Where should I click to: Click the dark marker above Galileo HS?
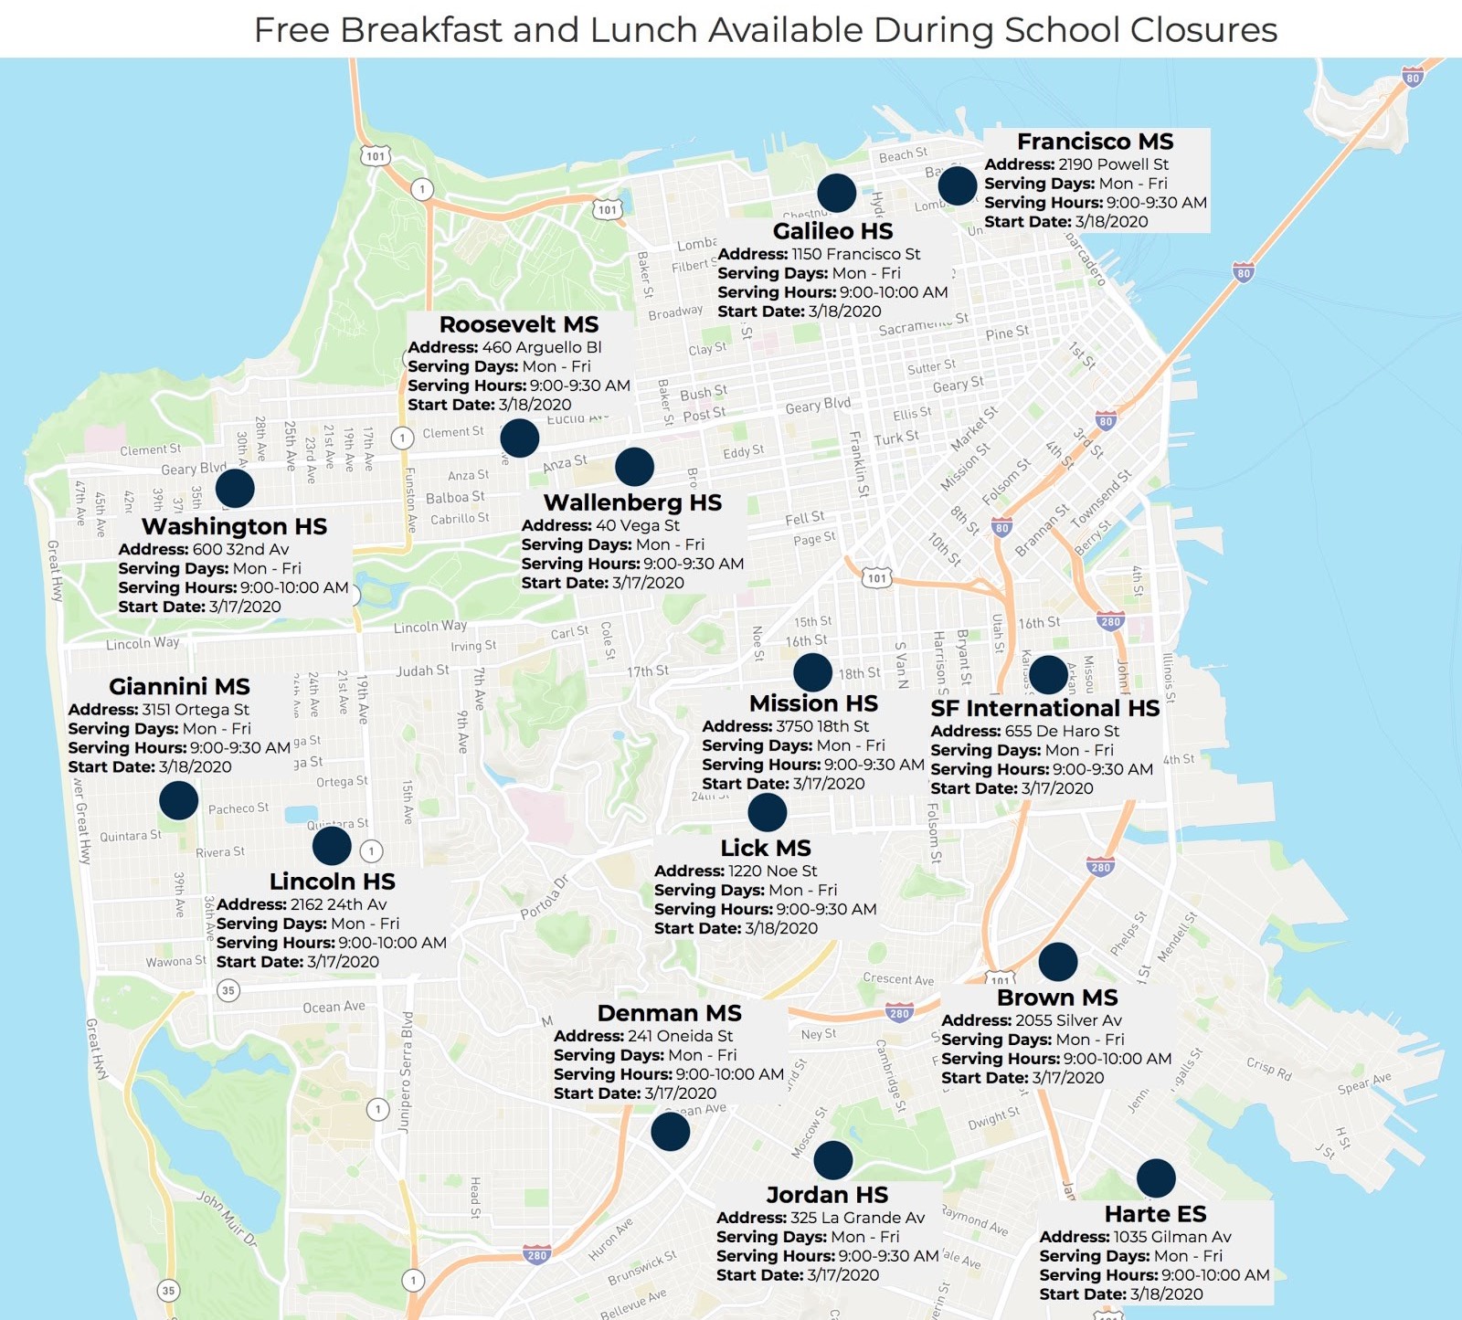click(x=836, y=193)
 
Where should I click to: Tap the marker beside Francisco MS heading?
click(x=957, y=185)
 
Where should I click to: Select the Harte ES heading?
click(x=1155, y=1214)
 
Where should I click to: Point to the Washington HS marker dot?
click(x=235, y=488)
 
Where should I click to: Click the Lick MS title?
click(x=765, y=848)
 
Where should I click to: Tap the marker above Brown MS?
click(x=1057, y=962)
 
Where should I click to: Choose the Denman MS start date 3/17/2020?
click(x=680, y=1093)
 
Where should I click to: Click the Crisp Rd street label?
click(x=1268, y=1069)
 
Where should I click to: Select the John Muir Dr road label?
click(x=227, y=1219)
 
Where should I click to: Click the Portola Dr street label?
click(x=545, y=898)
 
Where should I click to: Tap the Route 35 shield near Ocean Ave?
click(x=228, y=990)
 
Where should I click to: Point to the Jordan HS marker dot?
click(x=832, y=1160)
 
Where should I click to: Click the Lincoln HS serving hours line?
click(x=331, y=943)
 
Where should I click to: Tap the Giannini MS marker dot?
click(x=178, y=800)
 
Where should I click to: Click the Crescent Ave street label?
click(x=898, y=979)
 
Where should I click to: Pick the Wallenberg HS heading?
click(x=632, y=502)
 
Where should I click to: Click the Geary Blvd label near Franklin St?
click(x=818, y=406)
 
